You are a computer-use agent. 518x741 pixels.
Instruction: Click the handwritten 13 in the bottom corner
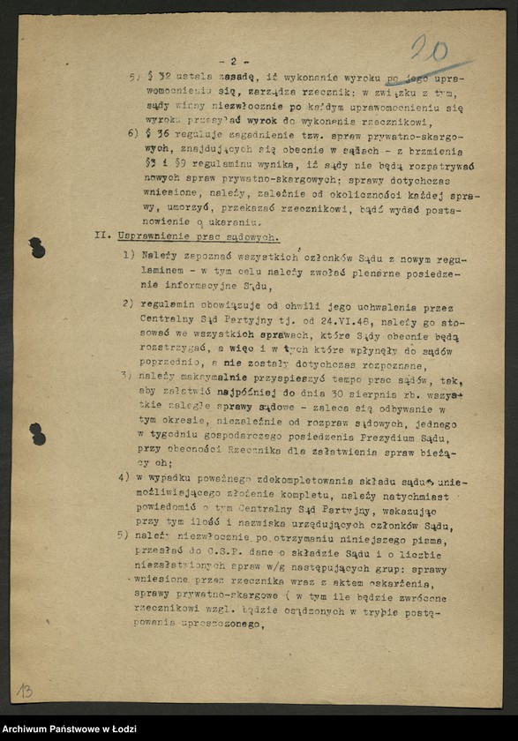coord(24,690)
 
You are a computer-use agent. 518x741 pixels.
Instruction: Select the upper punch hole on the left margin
coord(36,247)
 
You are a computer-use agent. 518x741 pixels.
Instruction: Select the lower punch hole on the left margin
coord(37,433)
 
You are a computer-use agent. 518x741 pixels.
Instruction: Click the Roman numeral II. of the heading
coord(103,236)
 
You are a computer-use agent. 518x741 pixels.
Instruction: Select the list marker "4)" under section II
coord(124,478)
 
